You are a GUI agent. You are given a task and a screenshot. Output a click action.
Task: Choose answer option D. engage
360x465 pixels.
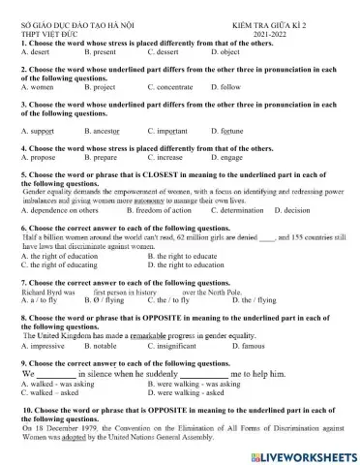(x=227, y=156)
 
